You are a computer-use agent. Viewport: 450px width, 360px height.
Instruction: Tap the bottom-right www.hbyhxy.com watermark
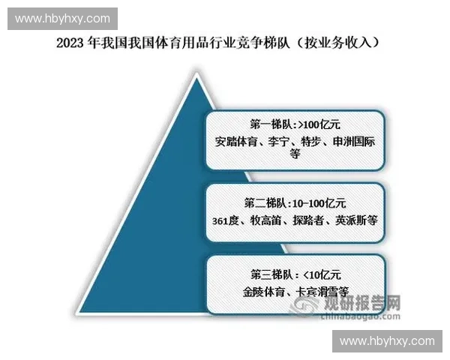point(387,341)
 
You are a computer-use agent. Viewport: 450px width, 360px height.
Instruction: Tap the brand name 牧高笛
point(273,220)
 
